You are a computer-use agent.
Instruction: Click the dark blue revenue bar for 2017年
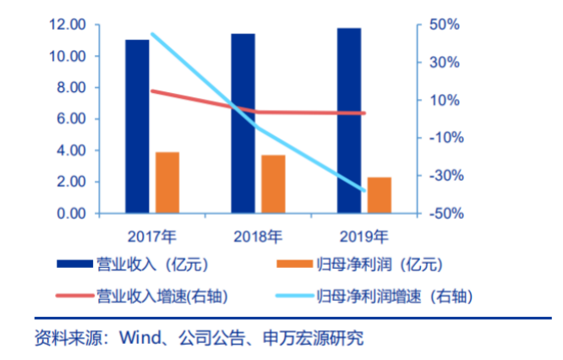[137, 126]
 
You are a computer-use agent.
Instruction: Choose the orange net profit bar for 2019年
[380, 195]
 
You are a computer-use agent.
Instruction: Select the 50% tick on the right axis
[445, 25]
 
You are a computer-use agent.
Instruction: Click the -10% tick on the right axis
[443, 138]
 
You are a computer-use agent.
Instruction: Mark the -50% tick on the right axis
[443, 214]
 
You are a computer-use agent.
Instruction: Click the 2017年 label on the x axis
[152, 235]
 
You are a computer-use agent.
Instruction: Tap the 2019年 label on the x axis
[364, 235]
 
